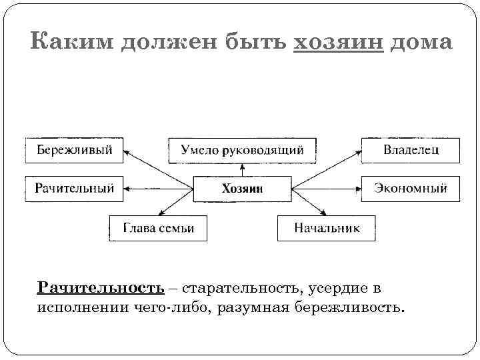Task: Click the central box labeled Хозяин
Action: [242, 189]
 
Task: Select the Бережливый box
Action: [74, 149]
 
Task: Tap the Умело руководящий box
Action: [242, 150]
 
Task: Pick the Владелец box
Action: [410, 149]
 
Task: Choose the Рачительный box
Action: [74, 189]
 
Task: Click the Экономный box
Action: [410, 189]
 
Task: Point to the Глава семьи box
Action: [158, 228]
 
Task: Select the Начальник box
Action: [327, 228]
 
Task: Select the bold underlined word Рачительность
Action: [101, 288]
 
